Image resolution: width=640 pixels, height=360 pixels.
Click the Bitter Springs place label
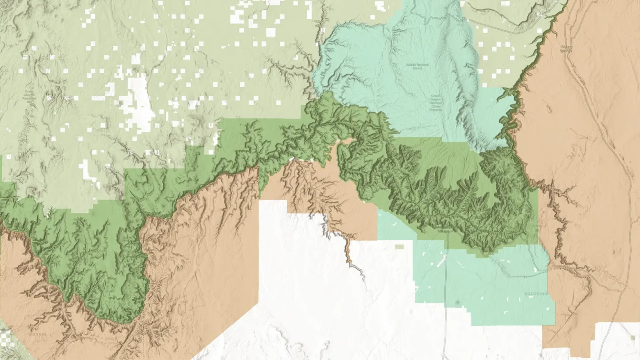coord(566,48)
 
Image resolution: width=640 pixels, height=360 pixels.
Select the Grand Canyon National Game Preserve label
coord(436,102)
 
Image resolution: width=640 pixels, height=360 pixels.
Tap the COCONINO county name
coord(536,294)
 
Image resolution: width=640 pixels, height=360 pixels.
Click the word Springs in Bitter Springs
coord(566,51)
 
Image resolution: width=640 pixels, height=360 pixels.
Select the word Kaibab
coord(411,64)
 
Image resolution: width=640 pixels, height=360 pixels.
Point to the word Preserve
coord(436,110)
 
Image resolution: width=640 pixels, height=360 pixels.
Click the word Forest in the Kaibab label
coord(417,68)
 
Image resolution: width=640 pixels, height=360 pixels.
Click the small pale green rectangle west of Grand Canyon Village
coord(399,246)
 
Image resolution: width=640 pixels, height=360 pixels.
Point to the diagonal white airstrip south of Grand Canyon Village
coord(442,261)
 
